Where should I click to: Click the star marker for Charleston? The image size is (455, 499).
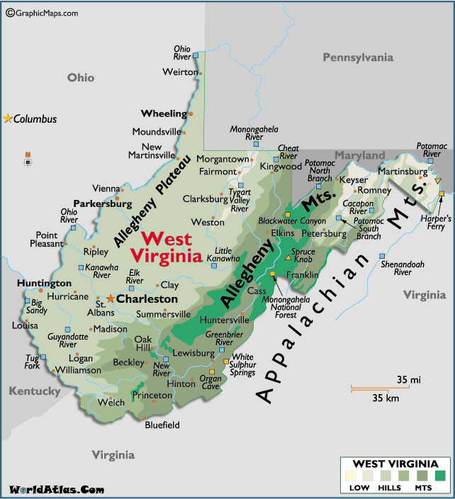[x=111, y=299]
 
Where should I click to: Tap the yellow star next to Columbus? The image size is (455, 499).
[x=8, y=118]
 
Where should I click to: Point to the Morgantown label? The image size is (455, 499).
[x=223, y=159]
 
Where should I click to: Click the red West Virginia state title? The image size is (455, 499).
[x=171, y=247]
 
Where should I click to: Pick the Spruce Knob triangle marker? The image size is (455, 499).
[x=288, y=257]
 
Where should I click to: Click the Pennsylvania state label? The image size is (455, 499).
[x=357, y=57]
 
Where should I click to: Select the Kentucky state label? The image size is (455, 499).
[x=35, y=391]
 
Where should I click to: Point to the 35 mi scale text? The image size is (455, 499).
[x=408, y=380]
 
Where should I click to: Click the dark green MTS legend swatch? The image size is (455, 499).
[x=440, y=476]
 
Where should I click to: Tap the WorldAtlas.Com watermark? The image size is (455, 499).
[x=56, y=489]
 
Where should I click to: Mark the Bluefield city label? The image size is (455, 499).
[x=162, y=425]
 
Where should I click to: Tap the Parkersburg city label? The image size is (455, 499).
[x=103, y=203]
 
